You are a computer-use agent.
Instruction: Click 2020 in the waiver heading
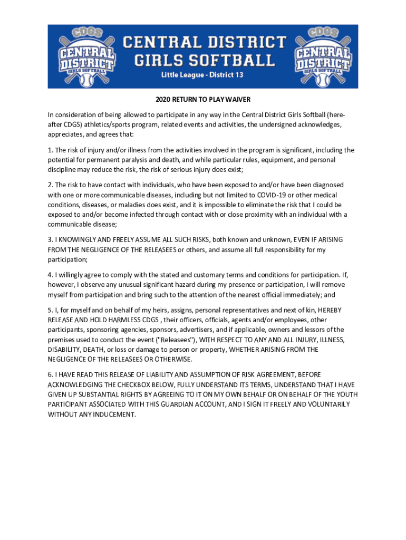pyautogui.click(x=163, y=99)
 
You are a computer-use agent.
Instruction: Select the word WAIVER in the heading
pyautogui.click(x=239, y=99)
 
